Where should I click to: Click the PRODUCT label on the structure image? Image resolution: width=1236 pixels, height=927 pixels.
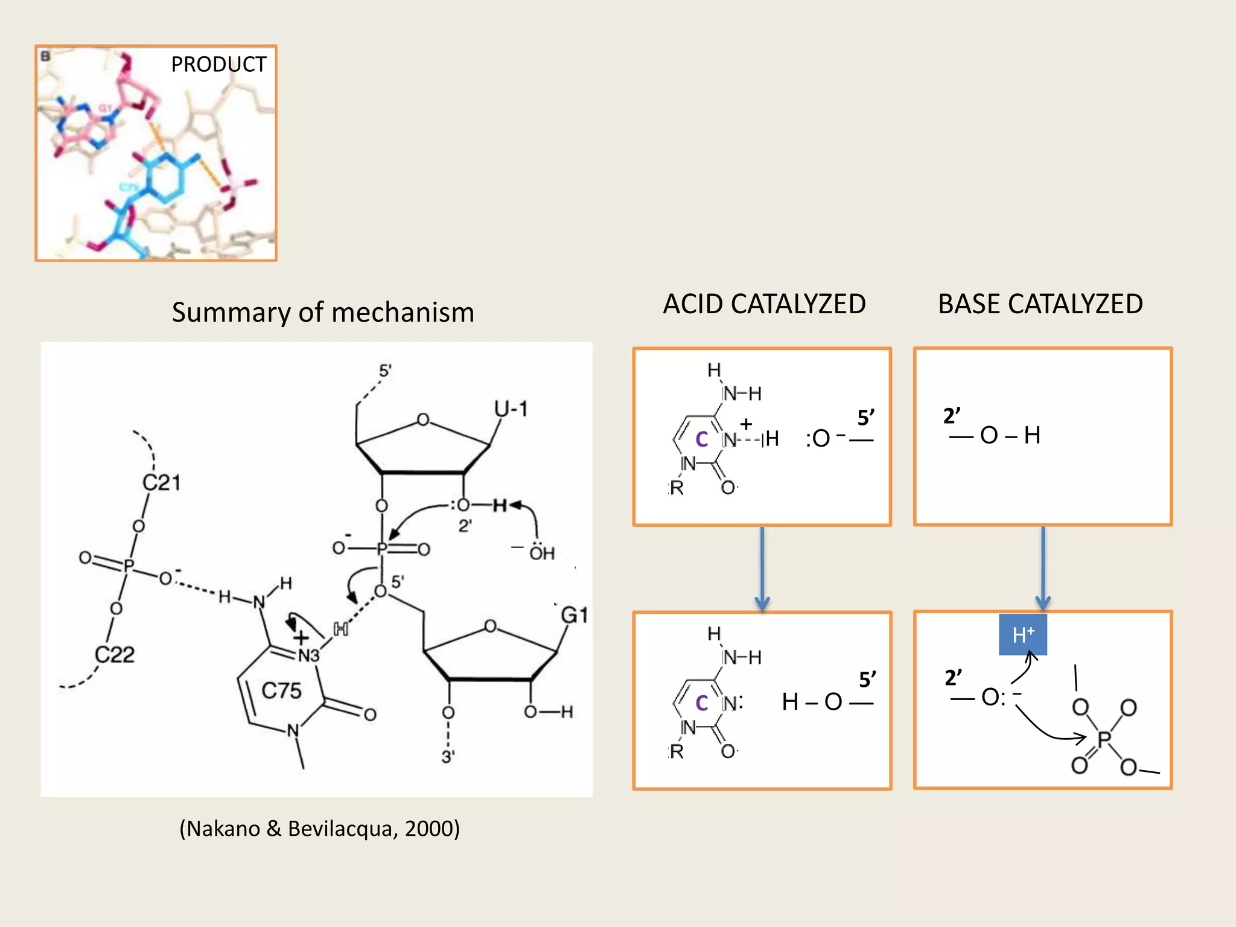[218, 64]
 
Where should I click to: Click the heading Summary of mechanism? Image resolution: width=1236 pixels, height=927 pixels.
[323, 313]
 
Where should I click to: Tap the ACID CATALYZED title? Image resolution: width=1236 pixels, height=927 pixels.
[764, 304]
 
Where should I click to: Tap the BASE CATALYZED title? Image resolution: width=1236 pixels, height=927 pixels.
[1040, 304]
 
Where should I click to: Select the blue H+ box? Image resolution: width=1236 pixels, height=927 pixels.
[1022, 635]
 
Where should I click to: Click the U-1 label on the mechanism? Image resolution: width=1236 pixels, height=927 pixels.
[511, 410]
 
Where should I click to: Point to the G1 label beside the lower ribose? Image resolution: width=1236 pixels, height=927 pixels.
[574, 615]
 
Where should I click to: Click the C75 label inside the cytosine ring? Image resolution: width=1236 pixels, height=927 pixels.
[281, 690]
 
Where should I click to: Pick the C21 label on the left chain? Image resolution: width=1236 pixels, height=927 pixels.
[161, 483]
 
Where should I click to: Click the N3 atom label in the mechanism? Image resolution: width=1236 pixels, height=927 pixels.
[308, 656]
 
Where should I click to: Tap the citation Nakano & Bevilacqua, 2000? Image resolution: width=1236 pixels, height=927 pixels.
[319, 829]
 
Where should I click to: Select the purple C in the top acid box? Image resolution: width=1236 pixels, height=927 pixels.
[701, 439]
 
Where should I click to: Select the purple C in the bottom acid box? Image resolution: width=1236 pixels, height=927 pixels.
[701, 703]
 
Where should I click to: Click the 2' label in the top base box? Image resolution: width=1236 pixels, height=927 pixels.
[952, 416]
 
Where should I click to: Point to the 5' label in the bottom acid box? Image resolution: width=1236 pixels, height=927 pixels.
[867, 680]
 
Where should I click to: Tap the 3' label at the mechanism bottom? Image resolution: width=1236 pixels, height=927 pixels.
[448, 757]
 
